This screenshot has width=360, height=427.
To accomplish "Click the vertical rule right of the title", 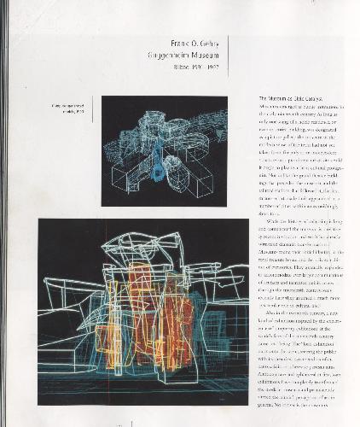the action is coord(229,56).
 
